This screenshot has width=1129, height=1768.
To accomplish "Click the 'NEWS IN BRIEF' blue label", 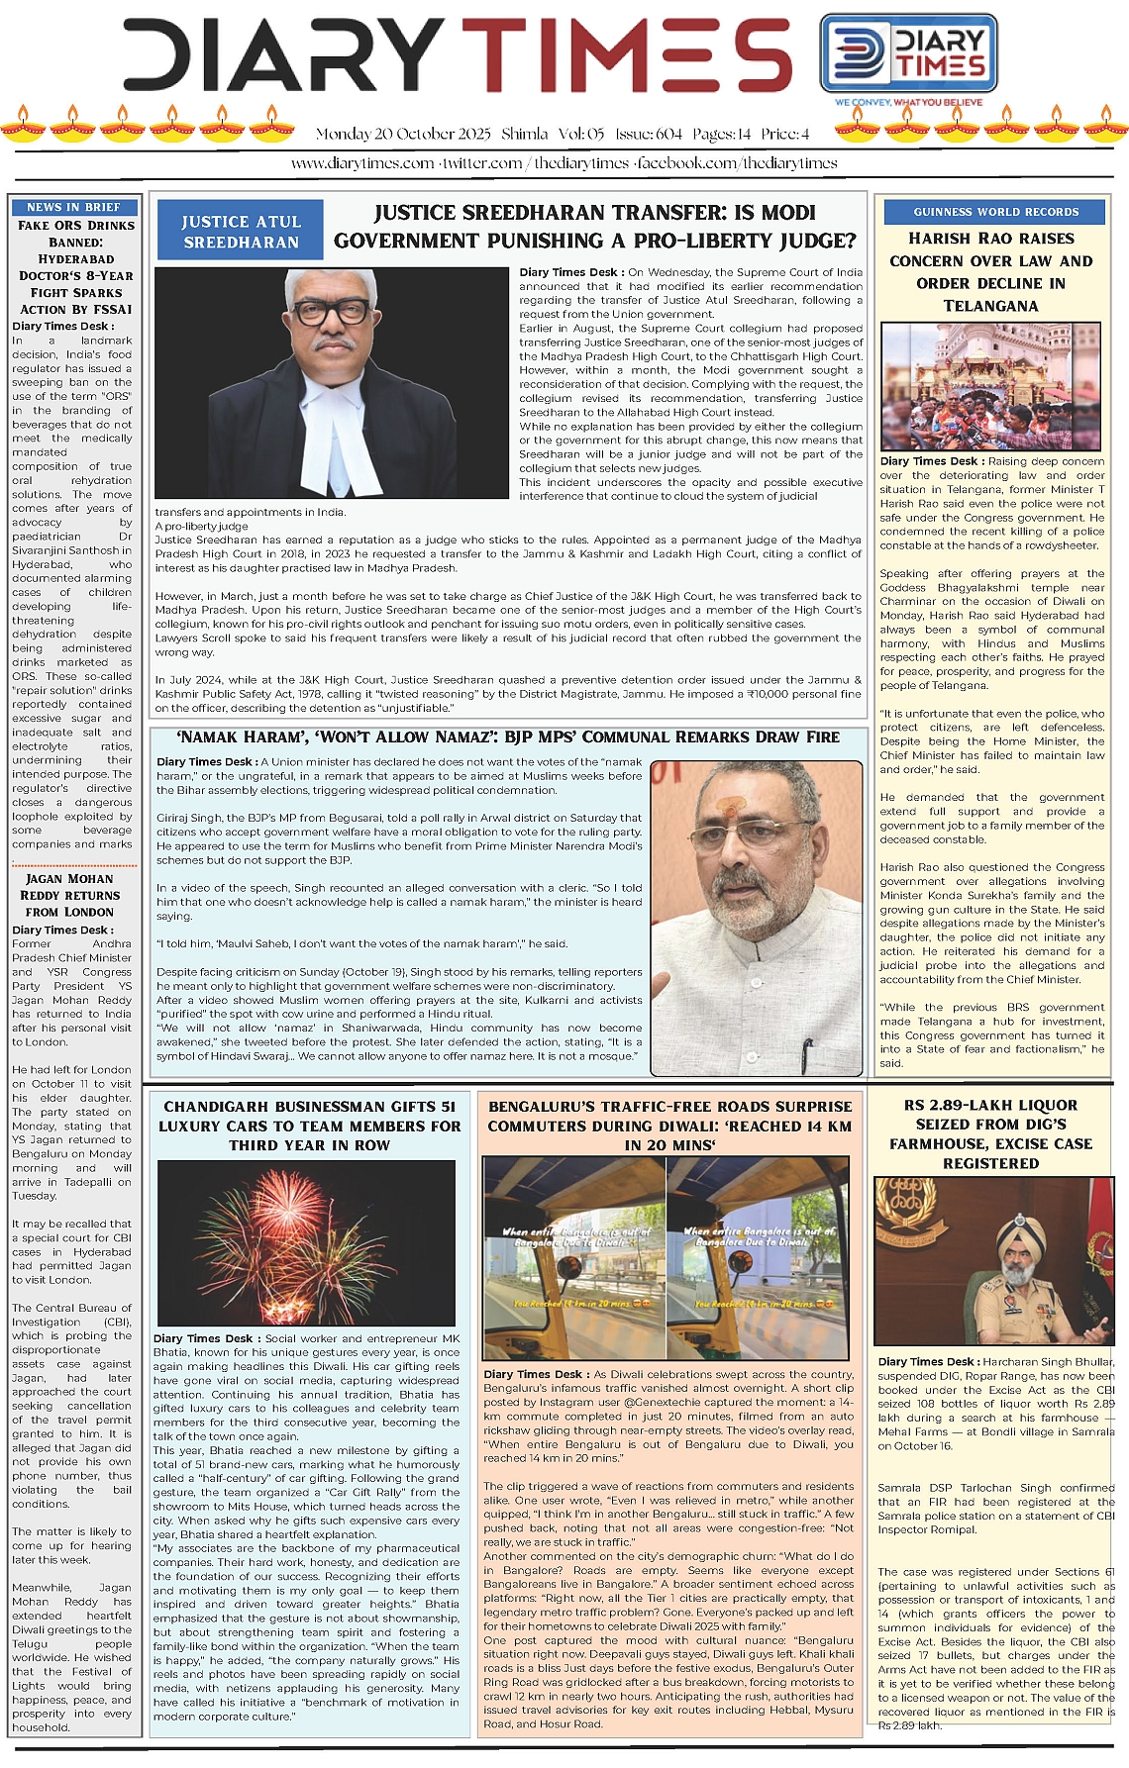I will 74,207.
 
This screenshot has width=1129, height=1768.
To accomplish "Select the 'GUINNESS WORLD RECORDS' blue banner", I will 995,212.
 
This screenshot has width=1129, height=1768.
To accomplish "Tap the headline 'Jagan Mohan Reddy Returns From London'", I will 69,895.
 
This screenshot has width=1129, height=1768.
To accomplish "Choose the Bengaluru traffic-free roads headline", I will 669,1126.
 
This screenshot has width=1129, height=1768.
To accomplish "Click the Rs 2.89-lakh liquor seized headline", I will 990,1133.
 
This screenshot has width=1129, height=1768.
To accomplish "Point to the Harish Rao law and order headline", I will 990,272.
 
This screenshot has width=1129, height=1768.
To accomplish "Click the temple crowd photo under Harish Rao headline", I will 991,387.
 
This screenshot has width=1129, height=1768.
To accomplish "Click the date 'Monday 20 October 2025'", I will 403,134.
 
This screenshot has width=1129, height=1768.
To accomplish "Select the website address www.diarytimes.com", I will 362,163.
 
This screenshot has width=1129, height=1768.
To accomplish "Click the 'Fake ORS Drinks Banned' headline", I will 75,267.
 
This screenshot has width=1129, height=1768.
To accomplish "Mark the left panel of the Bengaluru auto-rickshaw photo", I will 574,1257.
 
